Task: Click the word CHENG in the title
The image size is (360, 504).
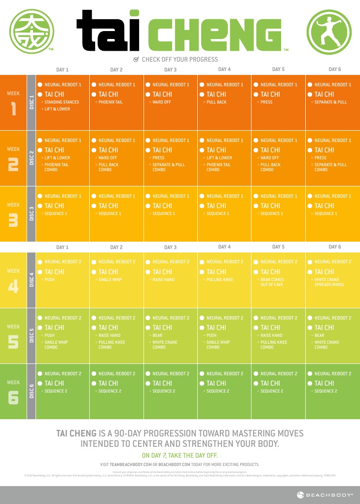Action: point(216,35)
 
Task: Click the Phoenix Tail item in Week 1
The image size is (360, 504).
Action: point(110,102)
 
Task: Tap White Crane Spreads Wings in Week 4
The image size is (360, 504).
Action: point(329,282)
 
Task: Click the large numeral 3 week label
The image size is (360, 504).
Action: point(13,221)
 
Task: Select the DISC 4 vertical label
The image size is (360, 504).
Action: point(32,280)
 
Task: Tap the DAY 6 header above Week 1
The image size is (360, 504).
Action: point(335,70)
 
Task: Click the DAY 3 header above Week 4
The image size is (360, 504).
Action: point(170,247)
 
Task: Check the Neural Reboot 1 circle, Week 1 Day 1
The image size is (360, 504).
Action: point(40,84)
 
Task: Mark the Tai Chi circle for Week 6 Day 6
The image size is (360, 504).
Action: point(310,383)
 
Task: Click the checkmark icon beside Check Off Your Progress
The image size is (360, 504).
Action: point(137,60)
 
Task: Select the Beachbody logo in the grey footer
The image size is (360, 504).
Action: point(325,495)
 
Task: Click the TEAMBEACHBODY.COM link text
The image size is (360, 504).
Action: point(130,465)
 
